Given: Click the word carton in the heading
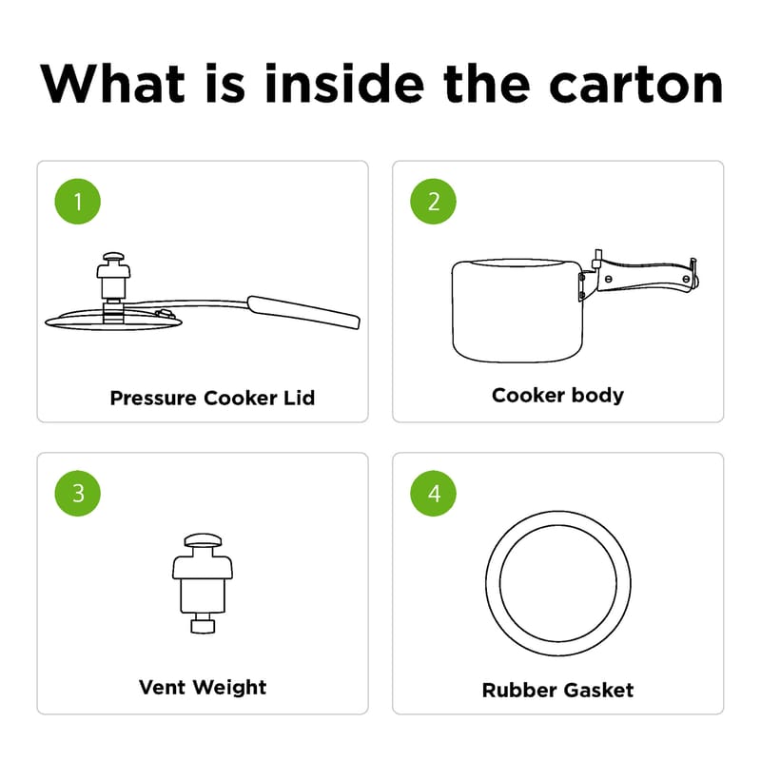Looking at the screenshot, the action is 636,86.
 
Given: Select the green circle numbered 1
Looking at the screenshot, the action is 78,202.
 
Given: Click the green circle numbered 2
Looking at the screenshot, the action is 433,202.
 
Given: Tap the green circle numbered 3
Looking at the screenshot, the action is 78,493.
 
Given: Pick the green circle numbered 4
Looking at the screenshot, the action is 433,493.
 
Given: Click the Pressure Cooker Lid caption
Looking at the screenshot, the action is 212,398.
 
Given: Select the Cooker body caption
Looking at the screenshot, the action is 557,396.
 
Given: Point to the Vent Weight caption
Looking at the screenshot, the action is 203,688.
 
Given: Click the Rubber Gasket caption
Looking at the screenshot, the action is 557,691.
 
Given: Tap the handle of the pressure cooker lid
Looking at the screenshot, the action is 303,312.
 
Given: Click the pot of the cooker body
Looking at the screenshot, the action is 517,311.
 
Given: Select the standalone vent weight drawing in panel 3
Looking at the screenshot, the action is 203,583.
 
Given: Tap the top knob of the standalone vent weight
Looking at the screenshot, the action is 203,540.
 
